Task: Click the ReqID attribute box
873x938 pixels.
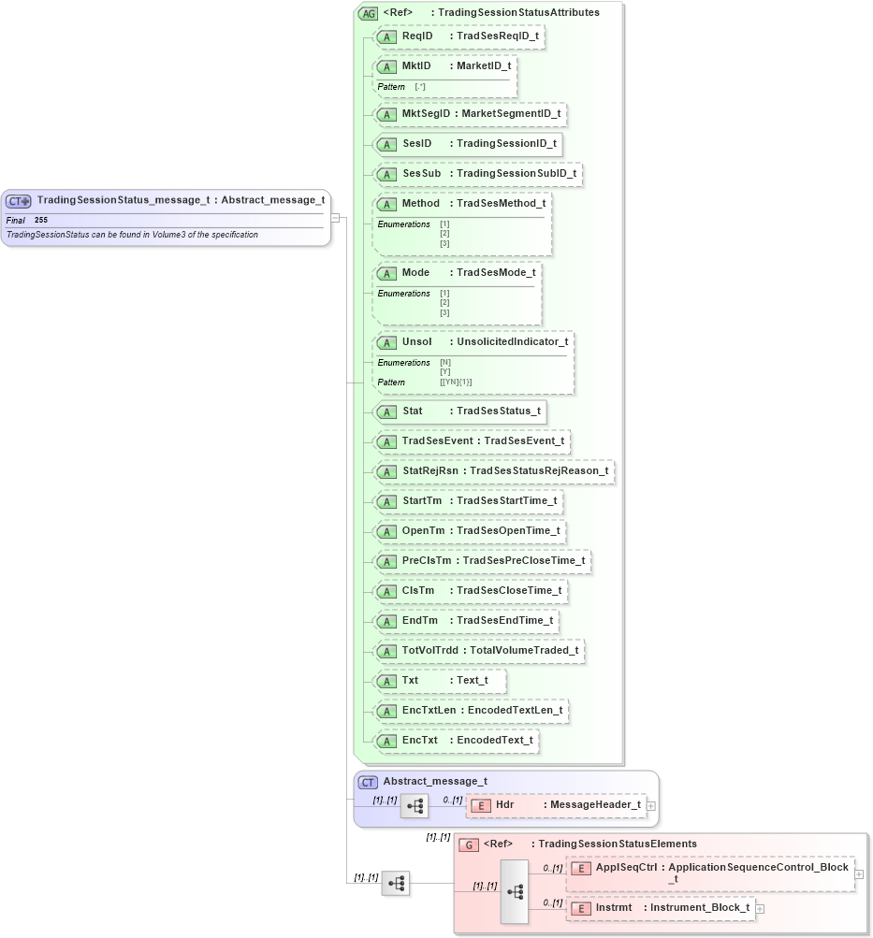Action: click(458, 36)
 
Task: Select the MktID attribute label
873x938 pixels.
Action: click(416, 66)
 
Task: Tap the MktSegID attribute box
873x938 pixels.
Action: click(470, 114)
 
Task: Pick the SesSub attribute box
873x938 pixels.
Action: click(477, 174)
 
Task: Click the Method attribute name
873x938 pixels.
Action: click(420, 203)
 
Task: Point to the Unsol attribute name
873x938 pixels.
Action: click(416, 341)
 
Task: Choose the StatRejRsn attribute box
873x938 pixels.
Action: click(493, 471)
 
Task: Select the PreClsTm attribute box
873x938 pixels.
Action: click(482, 561)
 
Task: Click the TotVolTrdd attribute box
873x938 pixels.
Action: click(478, 651)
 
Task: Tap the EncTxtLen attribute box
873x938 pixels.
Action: click(471, 711)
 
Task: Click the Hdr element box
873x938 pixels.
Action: click(556, 805)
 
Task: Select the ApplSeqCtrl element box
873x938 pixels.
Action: click(710, 873)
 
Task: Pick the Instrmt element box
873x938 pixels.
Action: click(661, 908)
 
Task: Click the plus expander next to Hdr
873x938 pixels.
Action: click(651, 805)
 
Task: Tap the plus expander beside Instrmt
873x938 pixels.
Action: click(760, 908)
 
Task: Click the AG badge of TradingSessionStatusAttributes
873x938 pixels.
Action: click(368, 13)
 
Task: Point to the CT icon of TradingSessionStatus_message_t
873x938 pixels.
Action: click(19, 201)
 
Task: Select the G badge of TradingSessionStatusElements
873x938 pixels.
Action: click(469, 844)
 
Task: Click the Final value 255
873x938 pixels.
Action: click(41, 220)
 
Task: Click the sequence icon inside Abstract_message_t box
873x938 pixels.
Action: click(415, 805)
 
